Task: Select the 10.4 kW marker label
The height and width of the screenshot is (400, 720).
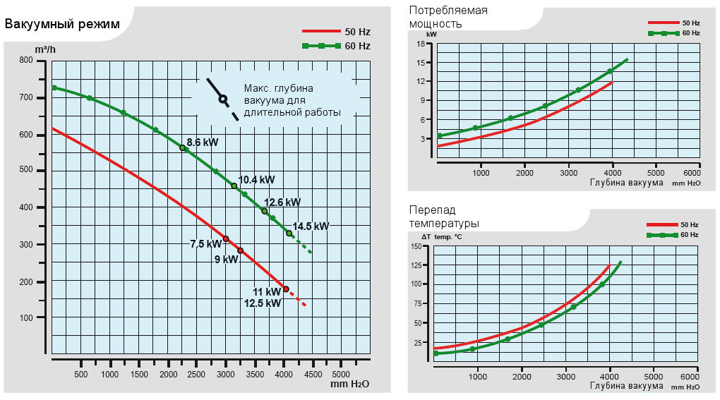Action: coord(256,179)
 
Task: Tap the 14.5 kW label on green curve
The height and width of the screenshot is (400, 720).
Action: coord(311,226)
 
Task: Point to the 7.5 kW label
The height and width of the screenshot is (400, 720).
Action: coord(206,244)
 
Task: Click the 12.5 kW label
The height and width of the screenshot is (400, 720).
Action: coord(263,303)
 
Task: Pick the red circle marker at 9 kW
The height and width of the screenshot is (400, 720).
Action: coord(240,250)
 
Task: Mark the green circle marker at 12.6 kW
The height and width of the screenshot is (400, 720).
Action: coord(265,211)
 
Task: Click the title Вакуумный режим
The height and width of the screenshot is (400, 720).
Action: coord(62,24)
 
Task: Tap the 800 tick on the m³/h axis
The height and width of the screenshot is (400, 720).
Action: coord(26,61)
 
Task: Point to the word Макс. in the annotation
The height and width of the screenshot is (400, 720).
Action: coord(259,88)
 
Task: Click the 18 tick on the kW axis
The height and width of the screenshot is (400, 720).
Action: coord(420,44)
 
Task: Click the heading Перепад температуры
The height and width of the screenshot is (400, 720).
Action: coord(444,216)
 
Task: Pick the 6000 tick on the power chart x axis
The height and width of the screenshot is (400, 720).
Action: coord(692,173)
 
